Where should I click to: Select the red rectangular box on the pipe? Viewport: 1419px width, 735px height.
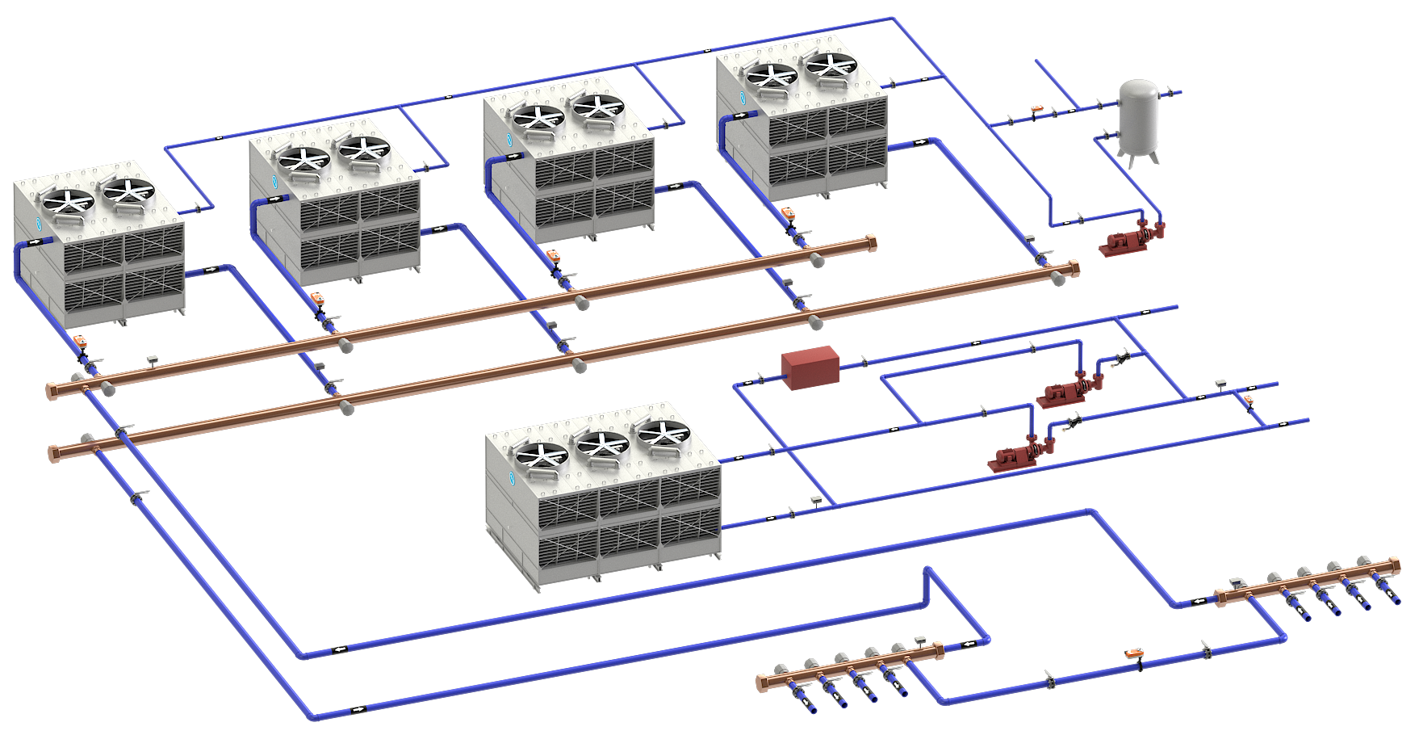(x=810, y=367)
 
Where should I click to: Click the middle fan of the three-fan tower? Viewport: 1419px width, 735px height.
(x=601, y=445)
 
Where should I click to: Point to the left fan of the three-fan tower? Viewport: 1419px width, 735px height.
(x=540, y=457)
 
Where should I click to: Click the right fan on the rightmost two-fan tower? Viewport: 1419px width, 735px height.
(x=831, y=66)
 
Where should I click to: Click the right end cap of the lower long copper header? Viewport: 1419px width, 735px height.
(x=1074, y=267)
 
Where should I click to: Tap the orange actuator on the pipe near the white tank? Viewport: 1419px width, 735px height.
(x=1036, y=108)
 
